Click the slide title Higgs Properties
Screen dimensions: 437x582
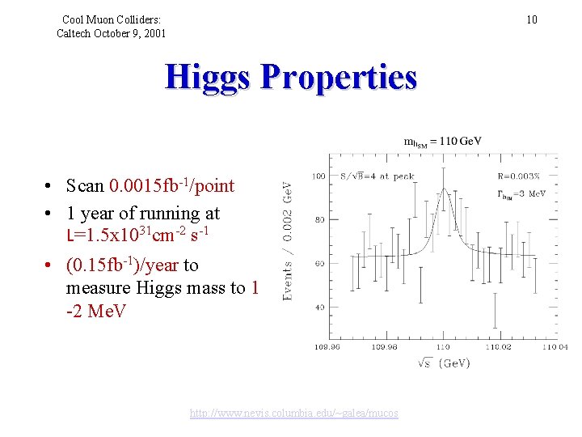tap(291, 78)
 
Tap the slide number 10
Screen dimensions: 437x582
tap(531, 19)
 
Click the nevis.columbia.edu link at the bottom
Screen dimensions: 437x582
tap(293, 413)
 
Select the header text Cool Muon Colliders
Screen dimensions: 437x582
tap(111, 19)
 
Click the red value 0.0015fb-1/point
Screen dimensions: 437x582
tap(171, 185)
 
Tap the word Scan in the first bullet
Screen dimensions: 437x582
tap(85, 186)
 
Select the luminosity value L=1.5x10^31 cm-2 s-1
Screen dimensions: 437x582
tap(137, 235)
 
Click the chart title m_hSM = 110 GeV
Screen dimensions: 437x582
tap(442, 141)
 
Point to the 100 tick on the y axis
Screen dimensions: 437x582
tap(319, 175)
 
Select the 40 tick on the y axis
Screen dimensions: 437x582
tap(322, 308)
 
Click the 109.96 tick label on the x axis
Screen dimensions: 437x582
tap(333, 346)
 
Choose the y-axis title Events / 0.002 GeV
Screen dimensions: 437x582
tap(288, 240)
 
